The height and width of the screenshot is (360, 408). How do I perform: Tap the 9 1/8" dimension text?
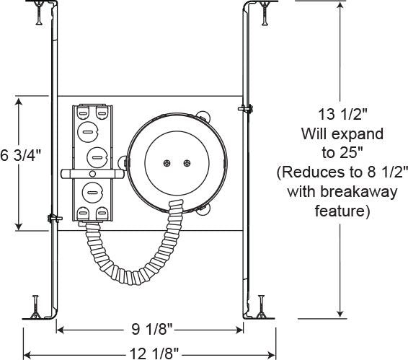152,329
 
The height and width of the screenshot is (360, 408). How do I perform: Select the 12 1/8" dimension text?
154,354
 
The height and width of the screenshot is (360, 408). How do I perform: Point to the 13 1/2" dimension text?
342,114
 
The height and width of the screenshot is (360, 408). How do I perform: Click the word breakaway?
358,192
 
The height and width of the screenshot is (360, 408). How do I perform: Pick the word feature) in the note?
342,211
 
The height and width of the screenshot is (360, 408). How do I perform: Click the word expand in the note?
358,134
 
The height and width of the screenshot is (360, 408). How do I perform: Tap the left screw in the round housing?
167,163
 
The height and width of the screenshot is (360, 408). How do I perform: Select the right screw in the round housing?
187,163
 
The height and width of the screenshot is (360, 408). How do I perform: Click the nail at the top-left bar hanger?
39,13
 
